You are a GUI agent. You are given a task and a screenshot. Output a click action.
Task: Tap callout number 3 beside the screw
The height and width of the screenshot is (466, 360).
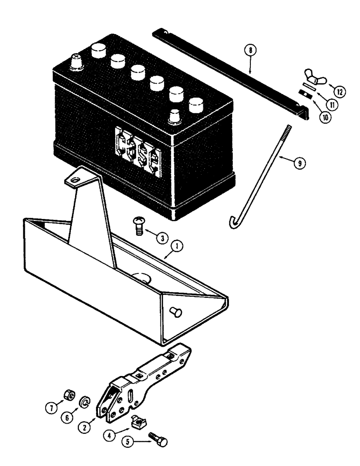point(161,238)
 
